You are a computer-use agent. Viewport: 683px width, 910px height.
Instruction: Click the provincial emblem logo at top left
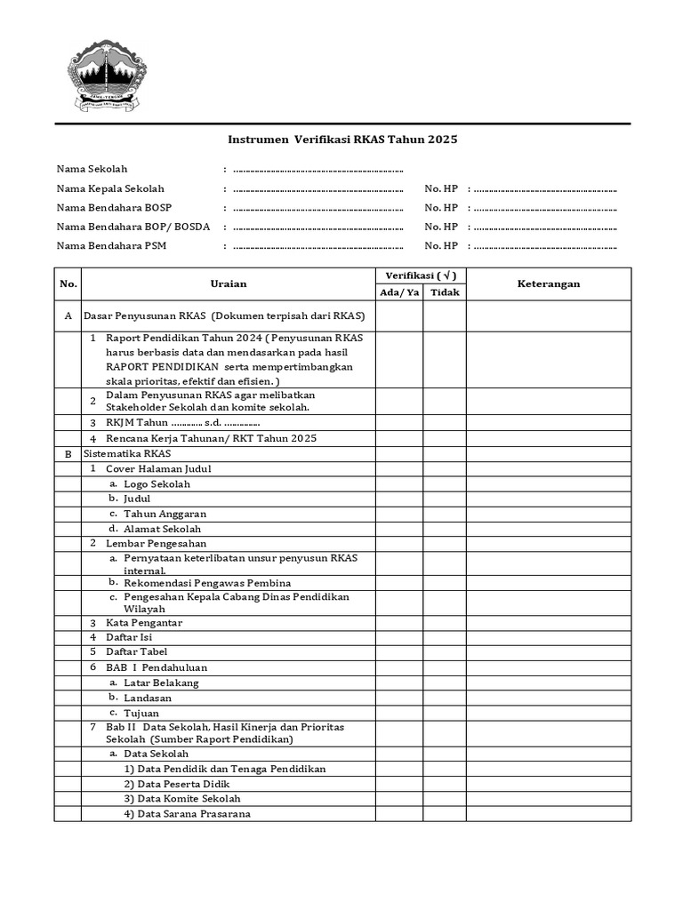coord(108,75)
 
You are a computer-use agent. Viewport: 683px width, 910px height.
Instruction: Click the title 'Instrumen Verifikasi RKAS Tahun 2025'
coord(342,140)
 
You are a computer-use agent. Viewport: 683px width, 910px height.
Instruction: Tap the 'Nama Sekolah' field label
coord(92,169)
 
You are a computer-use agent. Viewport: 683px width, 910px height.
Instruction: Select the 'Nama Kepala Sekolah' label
coord(110,188)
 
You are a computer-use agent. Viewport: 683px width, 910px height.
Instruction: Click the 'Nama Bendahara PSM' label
coord(111,246)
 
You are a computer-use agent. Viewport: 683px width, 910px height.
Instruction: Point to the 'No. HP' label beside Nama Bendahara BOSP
coord(441,208)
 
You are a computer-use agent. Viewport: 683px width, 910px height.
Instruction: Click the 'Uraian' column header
coord(229,283)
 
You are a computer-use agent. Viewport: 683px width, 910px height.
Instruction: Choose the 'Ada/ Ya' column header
coord(399,292)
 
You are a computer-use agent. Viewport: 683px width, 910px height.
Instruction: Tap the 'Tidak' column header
coord(445,292)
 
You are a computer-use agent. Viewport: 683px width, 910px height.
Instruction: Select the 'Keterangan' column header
coord(549,283)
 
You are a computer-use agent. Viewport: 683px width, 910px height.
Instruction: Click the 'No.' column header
coord(68,283)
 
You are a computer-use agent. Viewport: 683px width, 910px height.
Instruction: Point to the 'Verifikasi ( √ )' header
coord(421,275)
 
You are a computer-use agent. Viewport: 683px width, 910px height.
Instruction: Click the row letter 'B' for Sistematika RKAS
coord(68,453)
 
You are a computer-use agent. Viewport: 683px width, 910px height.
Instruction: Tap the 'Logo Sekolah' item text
coord(157,484)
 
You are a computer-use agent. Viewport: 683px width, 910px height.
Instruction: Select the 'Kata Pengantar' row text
coord(143,622)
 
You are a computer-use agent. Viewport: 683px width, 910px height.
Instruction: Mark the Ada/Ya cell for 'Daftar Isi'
coord(399,637)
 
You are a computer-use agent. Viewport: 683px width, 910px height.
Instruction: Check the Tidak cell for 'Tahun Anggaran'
coord(445,514)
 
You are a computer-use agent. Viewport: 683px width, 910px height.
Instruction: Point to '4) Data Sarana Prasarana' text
coord(187,813)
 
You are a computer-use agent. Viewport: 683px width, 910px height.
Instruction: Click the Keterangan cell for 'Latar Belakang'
coord(549,682)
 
